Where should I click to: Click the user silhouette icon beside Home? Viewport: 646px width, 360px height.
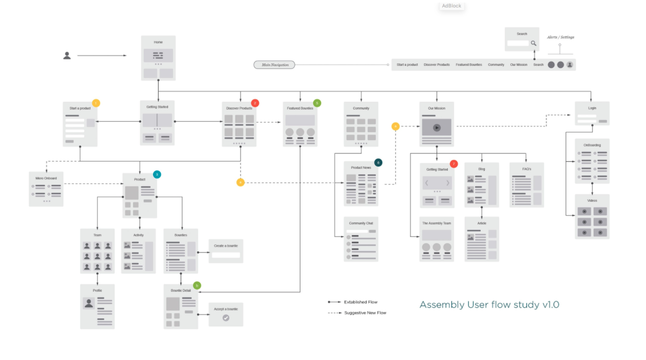coord(67,55)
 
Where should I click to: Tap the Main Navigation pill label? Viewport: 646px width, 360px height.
coord(275,65)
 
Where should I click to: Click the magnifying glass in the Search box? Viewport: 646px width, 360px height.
coord(534,44)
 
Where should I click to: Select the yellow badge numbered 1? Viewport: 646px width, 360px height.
coord(96,103)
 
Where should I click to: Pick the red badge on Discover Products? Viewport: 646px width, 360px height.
coord(255,103)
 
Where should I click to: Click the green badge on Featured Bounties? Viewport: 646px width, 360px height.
coord(317,103)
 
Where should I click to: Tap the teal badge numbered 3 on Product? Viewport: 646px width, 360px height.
coord(157,174)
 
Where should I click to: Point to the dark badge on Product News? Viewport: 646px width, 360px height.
coord(378,162)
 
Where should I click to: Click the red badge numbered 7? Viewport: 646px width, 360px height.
coord(453,164)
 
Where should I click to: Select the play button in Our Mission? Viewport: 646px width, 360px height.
coord(436,127)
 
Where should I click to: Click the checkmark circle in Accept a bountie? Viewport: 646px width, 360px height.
coord(226,318)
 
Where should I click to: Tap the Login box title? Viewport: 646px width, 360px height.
coord(592,108)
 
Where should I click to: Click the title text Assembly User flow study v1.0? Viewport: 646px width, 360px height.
coord(489,305)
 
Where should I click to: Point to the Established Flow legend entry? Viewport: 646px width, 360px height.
coord(360,302)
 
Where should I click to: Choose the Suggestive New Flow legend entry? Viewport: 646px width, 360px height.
coord(365,313)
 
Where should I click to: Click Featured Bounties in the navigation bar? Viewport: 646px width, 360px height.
coord(469,65)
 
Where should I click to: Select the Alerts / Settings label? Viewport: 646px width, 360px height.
coord(560,37)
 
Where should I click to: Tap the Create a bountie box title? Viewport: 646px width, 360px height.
coord(226,246)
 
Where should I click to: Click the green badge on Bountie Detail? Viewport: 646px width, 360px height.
coord(197,286)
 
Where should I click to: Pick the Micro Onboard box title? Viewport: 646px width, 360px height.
coord(46,178)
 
